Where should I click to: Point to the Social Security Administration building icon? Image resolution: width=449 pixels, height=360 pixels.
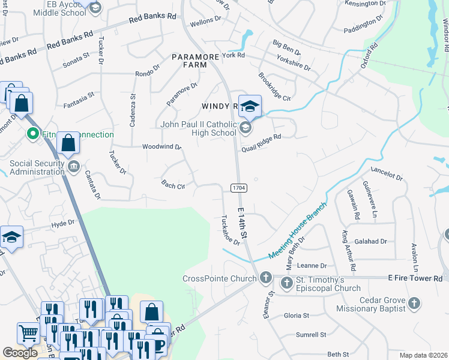click(73, 166)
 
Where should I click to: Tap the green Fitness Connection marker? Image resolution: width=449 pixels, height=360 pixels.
click(34, 134)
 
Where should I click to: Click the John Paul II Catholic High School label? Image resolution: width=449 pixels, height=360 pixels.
click(198, 128)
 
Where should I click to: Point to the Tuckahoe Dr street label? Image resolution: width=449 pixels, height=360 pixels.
click(231, 230)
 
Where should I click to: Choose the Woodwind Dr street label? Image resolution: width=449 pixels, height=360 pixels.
click(161, 146)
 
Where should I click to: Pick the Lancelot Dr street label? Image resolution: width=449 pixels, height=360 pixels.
click(386, 175)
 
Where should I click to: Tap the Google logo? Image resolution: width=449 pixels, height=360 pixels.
click(19, 353)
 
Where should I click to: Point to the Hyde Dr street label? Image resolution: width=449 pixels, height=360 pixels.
click(63, 223)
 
